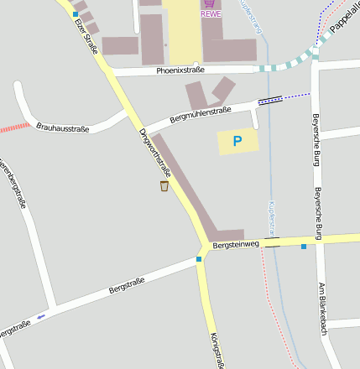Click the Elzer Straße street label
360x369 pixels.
pos(86,35)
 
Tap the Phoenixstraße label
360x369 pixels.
pos(180,71)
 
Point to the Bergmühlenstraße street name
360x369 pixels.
pos(200,114)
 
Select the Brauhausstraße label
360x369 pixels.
pos(62,127)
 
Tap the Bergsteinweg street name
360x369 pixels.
pos(237,246)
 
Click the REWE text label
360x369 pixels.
pos(211,14)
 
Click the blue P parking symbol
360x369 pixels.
pos(237,142)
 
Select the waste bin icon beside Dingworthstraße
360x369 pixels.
pos(164,185)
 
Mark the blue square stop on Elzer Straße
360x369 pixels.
pos(76,14)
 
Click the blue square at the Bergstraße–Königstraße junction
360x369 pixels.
pos(199,259)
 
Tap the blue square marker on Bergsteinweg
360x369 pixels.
pos(304,246)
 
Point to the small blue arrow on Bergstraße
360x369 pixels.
pos(41,317)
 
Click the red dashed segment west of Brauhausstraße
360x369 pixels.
pos(15,127)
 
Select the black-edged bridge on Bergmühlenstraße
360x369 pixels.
pos(270,100)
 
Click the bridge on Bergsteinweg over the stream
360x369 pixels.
pos(271,242)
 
